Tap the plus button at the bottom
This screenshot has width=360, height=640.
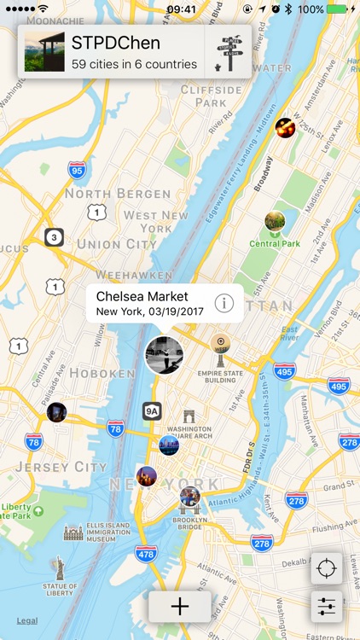pos(179,607)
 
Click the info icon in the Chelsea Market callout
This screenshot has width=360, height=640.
pos(224,303)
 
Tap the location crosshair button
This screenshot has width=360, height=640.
pos(327,569)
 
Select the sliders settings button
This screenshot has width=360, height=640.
pos(327,607)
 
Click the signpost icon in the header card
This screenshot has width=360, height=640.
pos(229,52)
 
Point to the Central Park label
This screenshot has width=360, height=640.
pos(275,243)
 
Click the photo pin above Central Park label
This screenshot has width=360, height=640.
pos(275,222)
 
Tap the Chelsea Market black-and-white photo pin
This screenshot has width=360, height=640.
pos(164,354)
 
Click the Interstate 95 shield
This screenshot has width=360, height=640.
pos(78,170)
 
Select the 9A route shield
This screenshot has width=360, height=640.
pos(152,410)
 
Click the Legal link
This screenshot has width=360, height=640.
pos(26,620)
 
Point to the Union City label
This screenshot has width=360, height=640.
pos(111,243)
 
